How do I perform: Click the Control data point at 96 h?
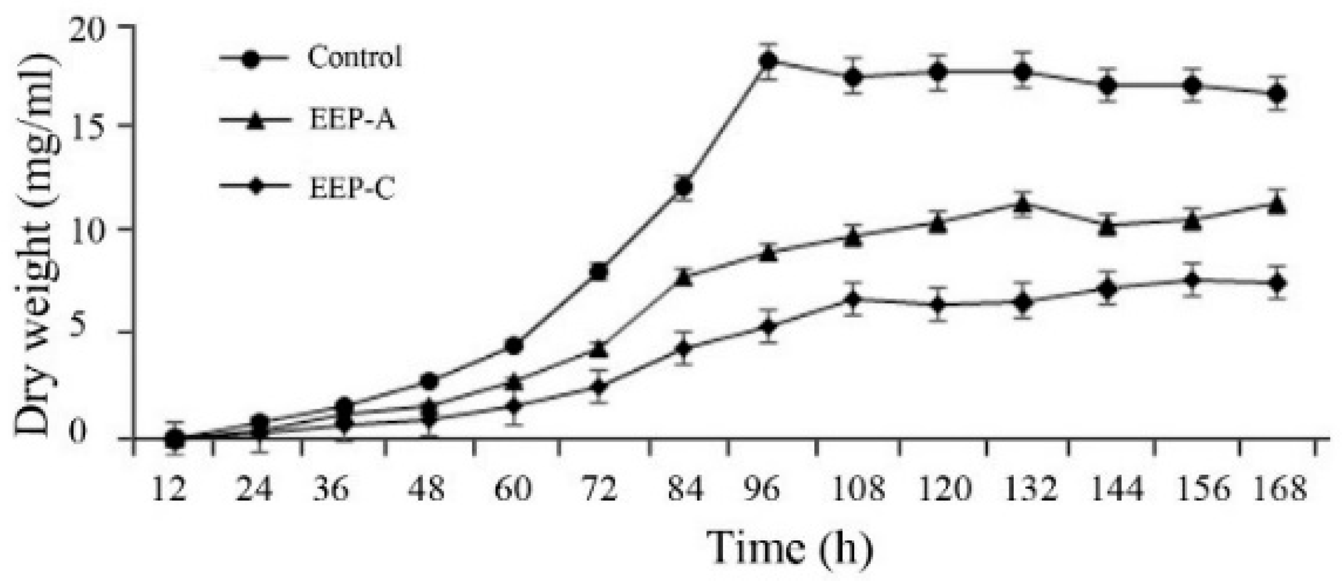click(x=769, y=61)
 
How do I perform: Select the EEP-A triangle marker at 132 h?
click(x=1022, y=205)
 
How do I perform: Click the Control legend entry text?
click(x=355, y=58)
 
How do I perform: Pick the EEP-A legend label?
click(x=353, y=120)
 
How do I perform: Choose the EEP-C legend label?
click(x=353, y=190)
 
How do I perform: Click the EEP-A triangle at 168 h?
click(x=1277, y=205)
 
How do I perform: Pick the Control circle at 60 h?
click(x=514, y=346)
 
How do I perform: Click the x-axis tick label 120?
click(x=942, y=489)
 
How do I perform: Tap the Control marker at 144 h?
click(x=1107, y=85)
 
